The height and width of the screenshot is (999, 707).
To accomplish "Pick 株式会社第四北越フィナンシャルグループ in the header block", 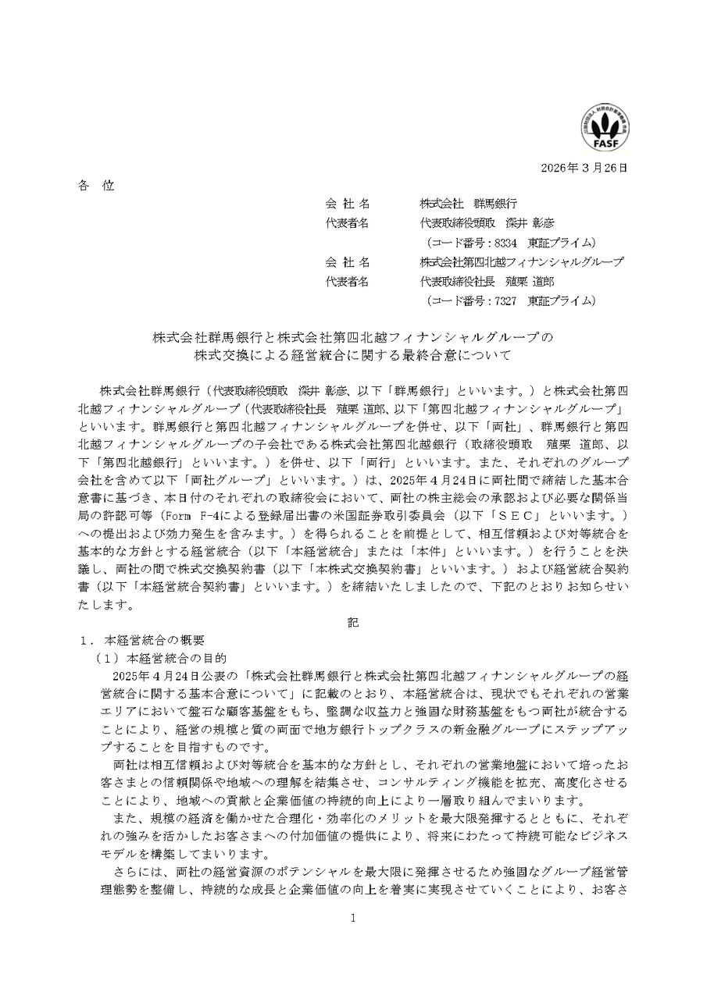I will pos(521,261).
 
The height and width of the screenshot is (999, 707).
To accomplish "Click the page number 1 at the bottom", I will pos(353,919).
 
